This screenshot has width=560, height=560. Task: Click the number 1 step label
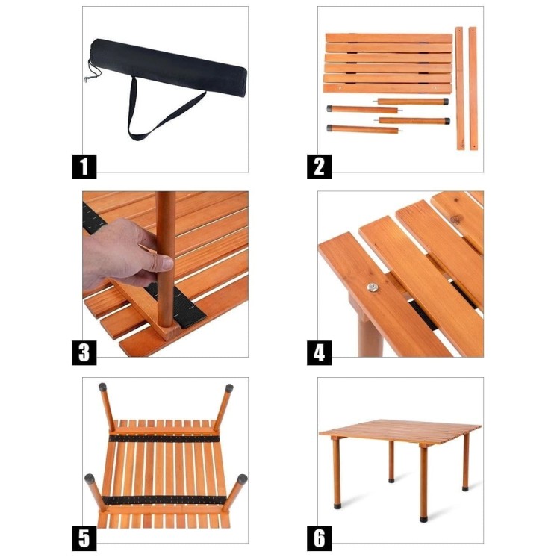[84, 167]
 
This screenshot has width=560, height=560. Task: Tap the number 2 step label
[320, 167]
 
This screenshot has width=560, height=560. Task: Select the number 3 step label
[84, 352]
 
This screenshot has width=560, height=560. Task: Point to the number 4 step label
[320, 352]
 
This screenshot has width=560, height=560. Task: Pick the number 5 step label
[84, 538]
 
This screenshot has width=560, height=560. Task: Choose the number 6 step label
[320, 538]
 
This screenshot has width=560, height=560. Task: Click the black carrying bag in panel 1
[168, 68]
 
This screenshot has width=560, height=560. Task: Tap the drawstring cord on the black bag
[92, 71]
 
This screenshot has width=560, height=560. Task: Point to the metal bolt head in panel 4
[373, 287]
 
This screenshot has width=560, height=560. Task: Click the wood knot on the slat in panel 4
[455, 220]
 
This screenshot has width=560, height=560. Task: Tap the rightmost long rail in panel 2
[473, 88]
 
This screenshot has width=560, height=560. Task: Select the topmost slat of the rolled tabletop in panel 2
[389, 38]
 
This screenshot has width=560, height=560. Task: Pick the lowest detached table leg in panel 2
[364, 128]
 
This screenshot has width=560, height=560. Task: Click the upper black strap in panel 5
[164, 438]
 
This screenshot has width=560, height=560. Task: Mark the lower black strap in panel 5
[165, 500]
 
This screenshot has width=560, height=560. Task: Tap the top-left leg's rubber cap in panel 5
[103, 387]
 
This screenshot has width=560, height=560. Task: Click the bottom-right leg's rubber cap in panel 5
[242, 479]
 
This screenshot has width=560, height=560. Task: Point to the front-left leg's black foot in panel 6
[337, 505]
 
